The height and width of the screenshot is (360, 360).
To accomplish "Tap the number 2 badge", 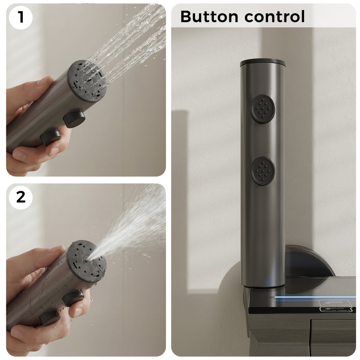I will [21, 197].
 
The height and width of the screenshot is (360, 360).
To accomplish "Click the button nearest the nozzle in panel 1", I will [74, 119].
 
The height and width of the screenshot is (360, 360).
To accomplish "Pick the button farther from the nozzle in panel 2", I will [50, 317].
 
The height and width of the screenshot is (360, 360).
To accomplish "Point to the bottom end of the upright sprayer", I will [263, 284].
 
